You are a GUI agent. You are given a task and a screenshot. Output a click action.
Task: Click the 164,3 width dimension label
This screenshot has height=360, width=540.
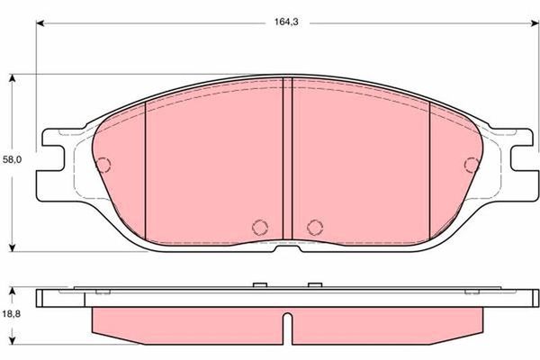coord(286,22)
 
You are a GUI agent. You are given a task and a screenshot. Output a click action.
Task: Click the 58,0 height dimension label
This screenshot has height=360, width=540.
coord(12,159)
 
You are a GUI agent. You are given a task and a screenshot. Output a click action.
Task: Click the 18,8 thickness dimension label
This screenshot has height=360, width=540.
coord(12,314)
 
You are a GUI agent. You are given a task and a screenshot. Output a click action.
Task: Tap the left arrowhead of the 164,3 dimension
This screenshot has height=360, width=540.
coord(40,23)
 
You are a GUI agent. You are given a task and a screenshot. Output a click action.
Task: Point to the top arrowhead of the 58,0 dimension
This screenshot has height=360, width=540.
coord(13,78)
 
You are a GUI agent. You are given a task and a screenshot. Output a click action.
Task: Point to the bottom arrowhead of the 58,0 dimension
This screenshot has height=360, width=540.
coord(13,247)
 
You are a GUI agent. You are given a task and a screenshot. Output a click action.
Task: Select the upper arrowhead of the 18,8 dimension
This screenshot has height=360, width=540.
coord(13,292)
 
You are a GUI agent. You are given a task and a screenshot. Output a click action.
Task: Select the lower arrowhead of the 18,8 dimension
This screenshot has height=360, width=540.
coord(13,340)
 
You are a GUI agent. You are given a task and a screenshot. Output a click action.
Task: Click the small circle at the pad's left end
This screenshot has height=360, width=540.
coord(103,165)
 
